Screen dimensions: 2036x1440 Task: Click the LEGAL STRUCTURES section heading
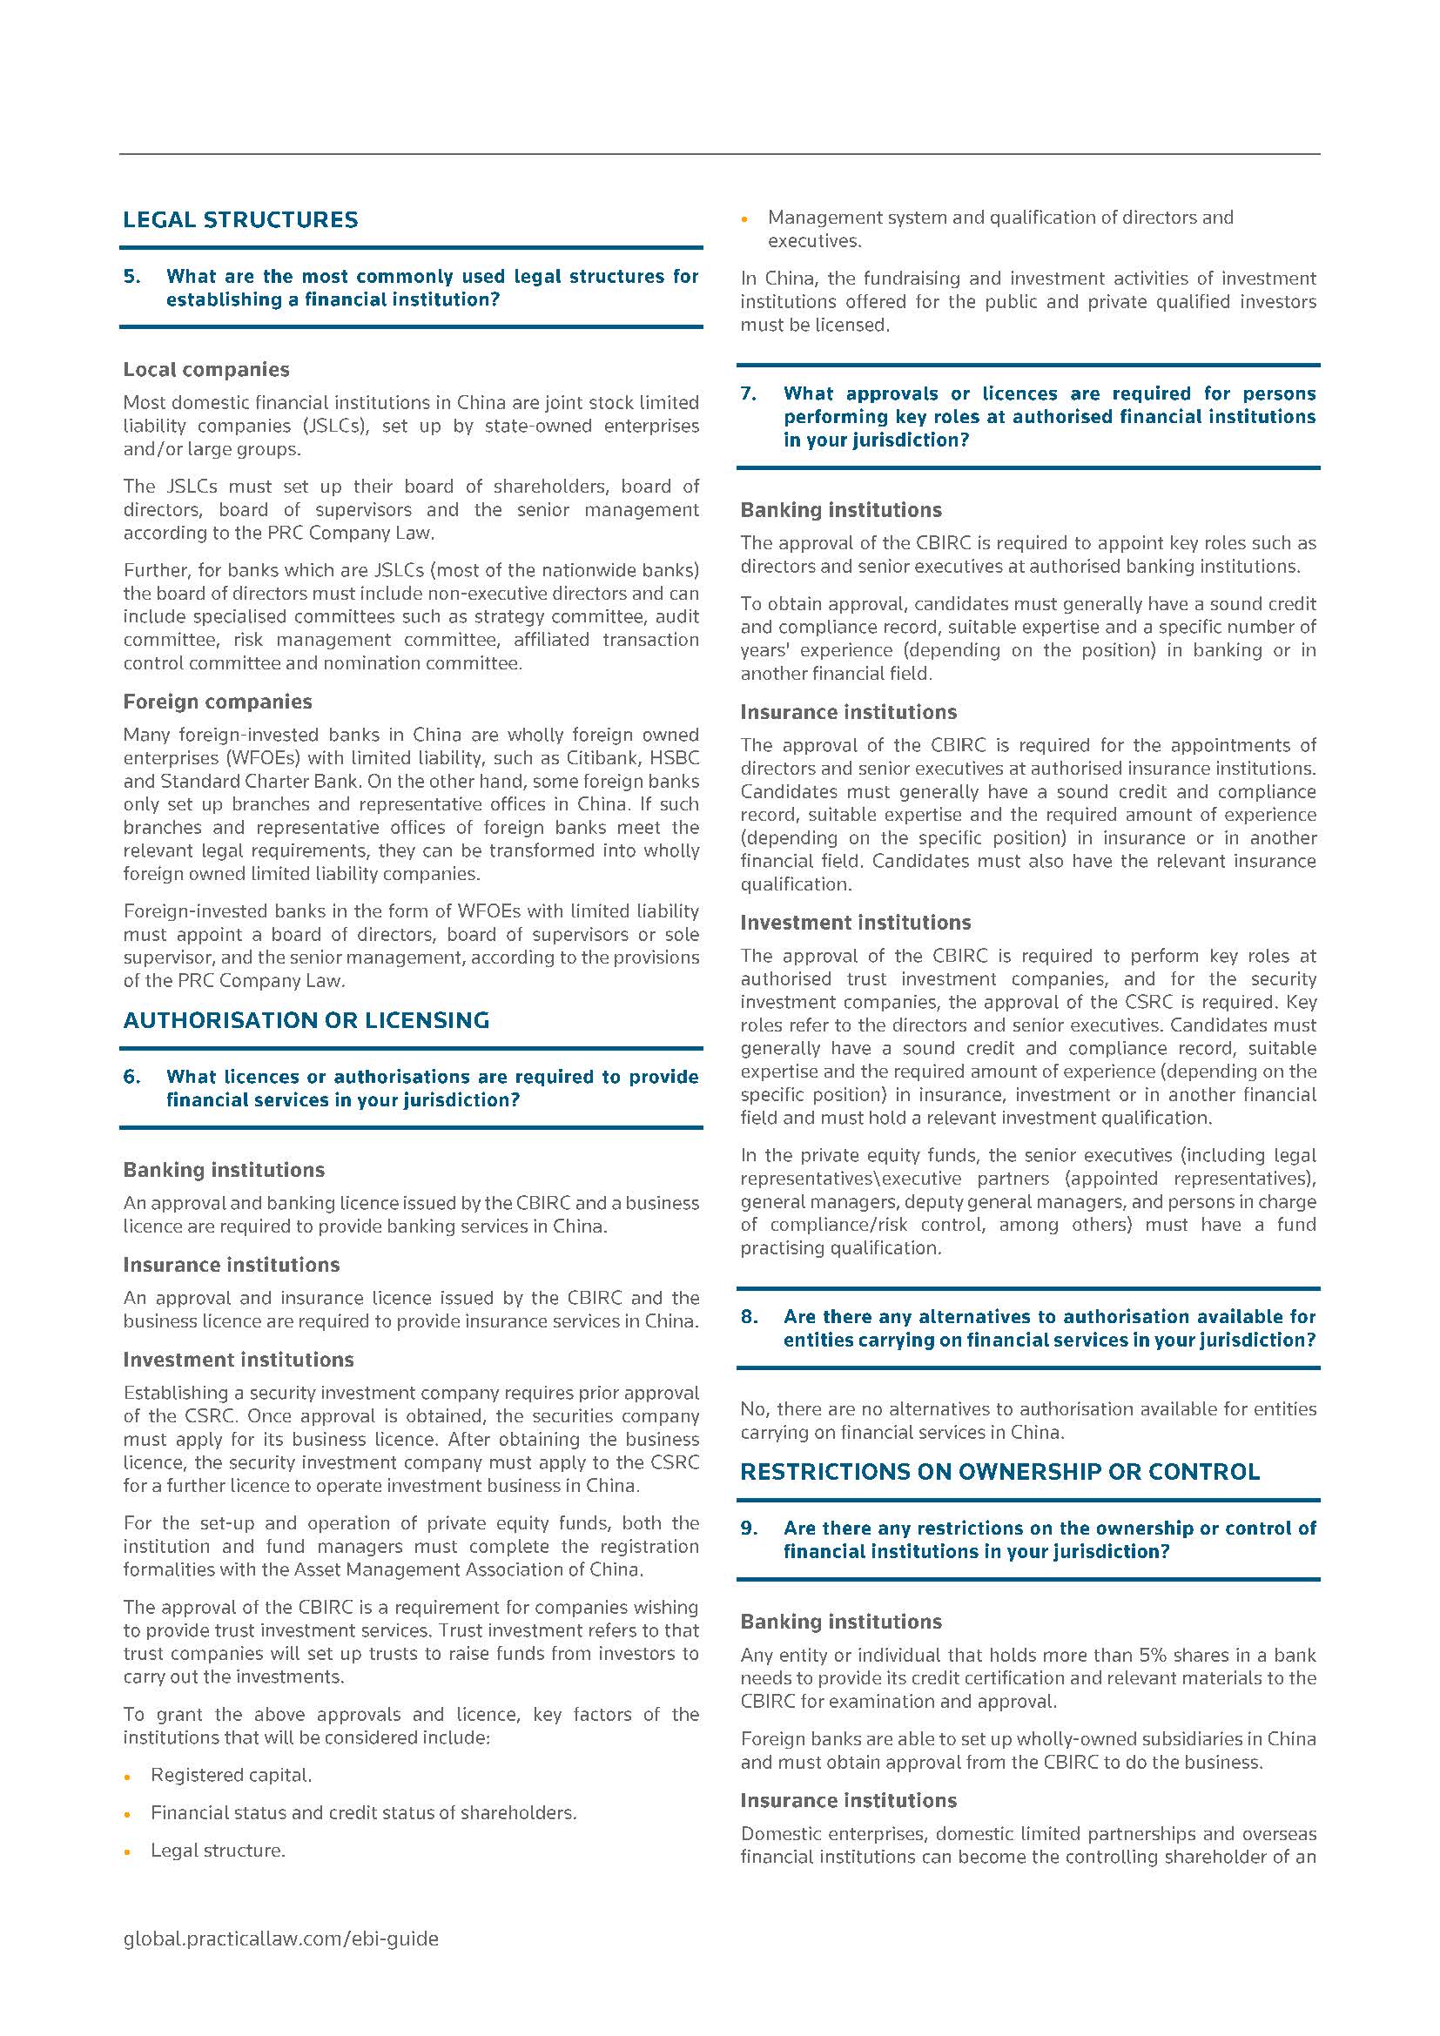point(240,220)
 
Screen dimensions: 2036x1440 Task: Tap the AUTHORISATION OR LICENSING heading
point(306,1021)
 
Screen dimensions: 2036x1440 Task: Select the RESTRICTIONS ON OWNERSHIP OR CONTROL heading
point(999,1472)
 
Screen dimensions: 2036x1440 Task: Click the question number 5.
point(131,277)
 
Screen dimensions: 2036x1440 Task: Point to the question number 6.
point(131,1077)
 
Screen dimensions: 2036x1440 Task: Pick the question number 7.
point(749,393)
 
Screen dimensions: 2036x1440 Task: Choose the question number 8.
point(749,1317)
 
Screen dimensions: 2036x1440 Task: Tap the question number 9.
point(749,1528)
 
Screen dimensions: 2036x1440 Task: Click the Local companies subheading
point(205,370)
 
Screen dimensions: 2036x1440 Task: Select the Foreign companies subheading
point(218,702)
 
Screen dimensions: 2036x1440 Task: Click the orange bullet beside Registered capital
point(129,1777)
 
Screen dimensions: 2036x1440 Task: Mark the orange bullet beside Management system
point(746,219)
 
